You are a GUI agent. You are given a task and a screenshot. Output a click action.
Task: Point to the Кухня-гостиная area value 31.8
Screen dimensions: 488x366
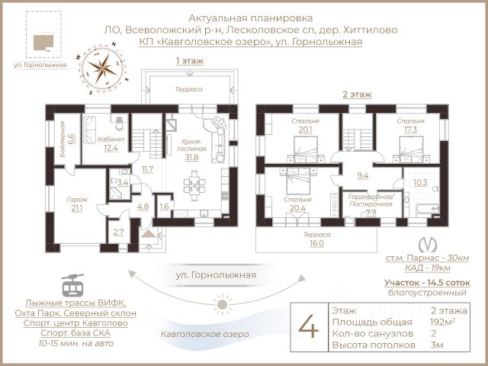191,158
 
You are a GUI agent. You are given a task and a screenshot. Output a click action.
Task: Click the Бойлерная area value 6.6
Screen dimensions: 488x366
70,139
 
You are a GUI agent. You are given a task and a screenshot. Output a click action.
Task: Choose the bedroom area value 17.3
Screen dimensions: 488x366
410,130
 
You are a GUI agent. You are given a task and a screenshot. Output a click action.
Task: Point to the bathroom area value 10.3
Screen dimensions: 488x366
419,182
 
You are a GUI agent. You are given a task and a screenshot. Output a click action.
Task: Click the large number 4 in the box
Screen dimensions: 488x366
308,327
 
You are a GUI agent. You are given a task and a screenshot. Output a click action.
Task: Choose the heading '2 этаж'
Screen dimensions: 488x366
356,95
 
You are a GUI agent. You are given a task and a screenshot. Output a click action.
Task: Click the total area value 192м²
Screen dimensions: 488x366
446,322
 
